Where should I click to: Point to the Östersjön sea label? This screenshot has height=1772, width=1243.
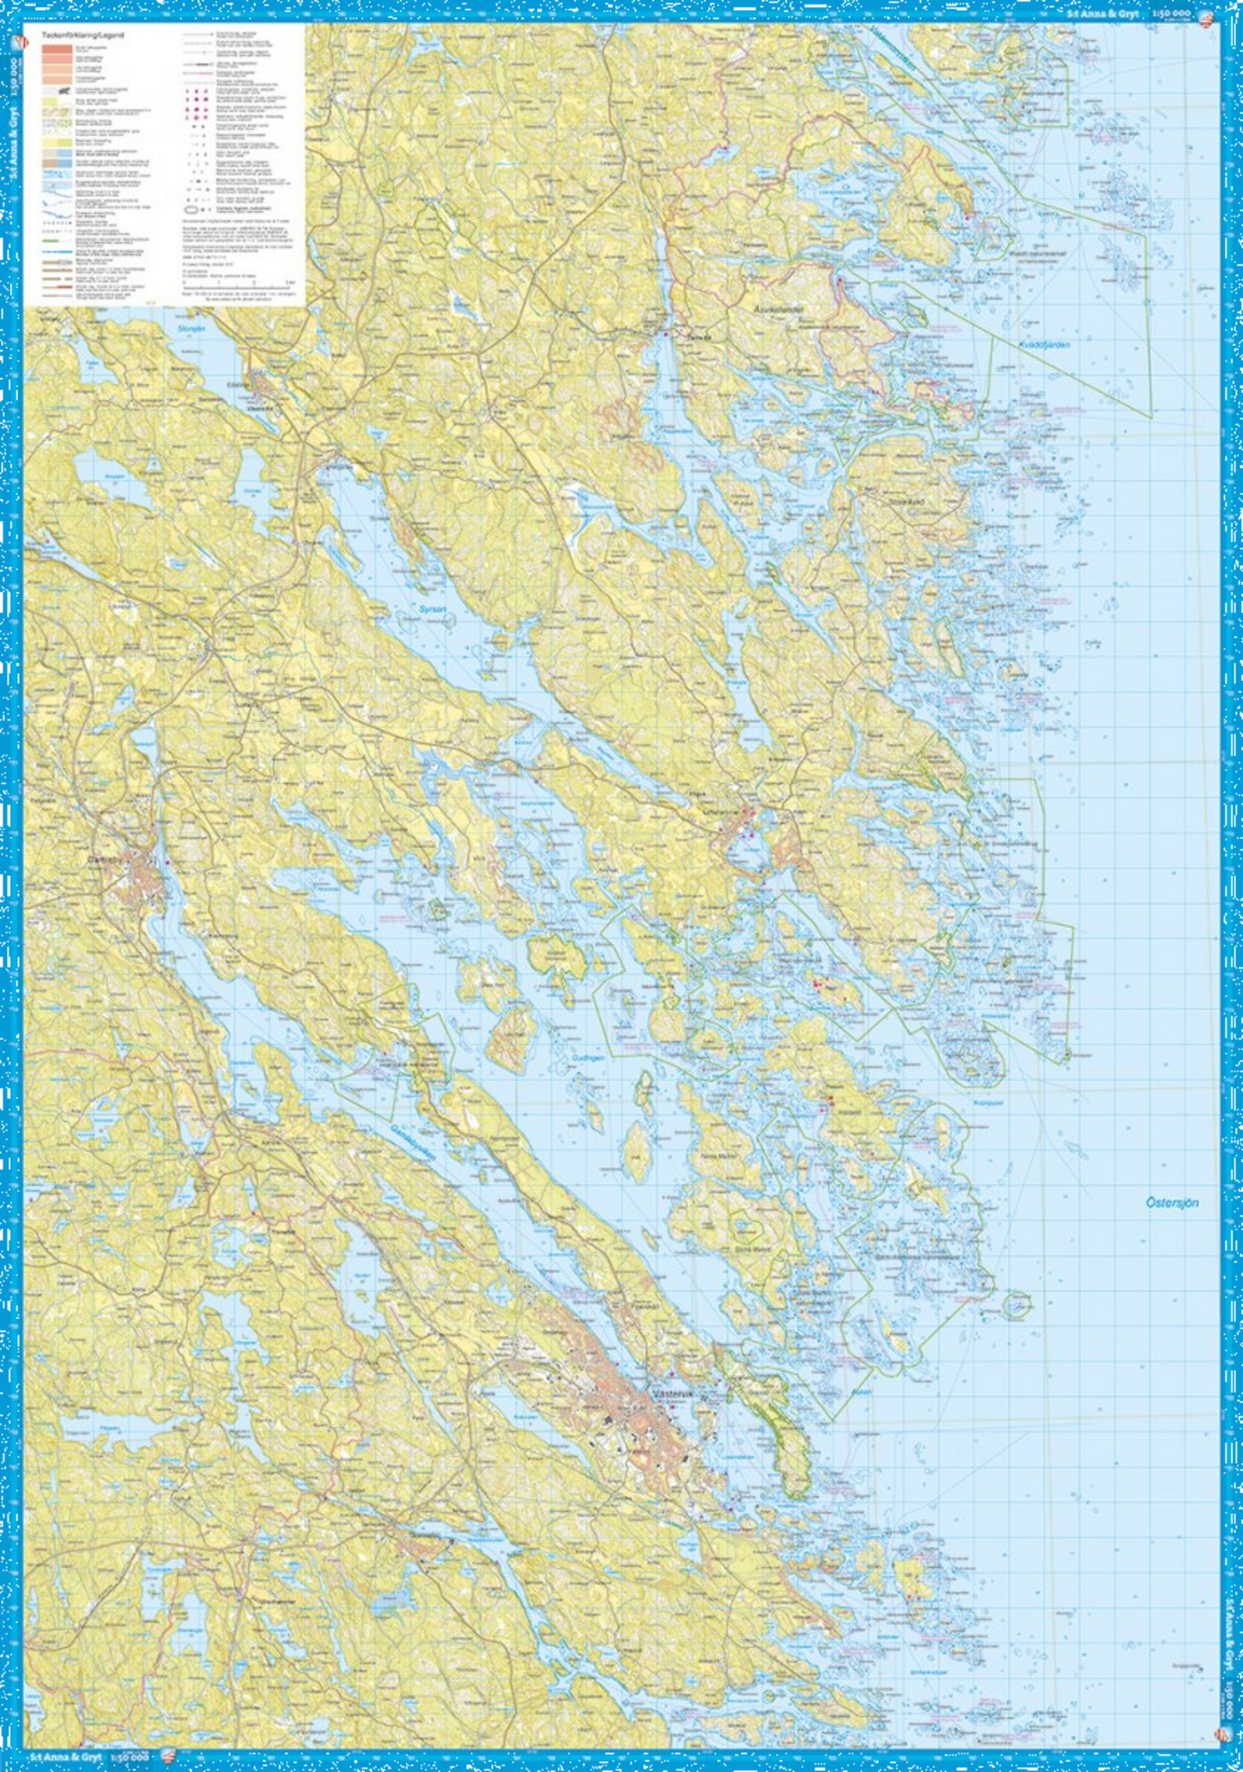coord(1172,1203)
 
